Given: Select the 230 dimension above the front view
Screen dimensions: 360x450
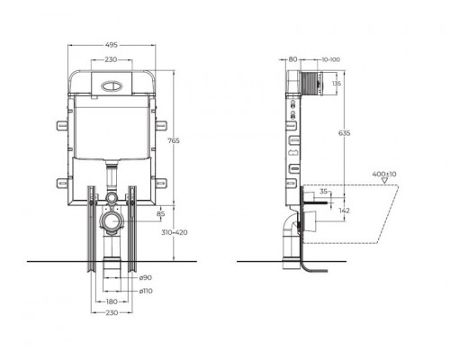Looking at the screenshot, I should coord(110,59).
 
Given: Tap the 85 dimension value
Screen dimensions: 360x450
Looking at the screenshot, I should coord(161,214).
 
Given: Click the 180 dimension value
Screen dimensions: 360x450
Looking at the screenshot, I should coord(110,302).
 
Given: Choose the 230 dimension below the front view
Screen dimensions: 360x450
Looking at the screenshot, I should coord(110,314).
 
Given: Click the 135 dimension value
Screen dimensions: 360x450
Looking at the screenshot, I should coord(336,85).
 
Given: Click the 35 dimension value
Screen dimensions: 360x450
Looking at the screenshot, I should coord(323,193).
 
